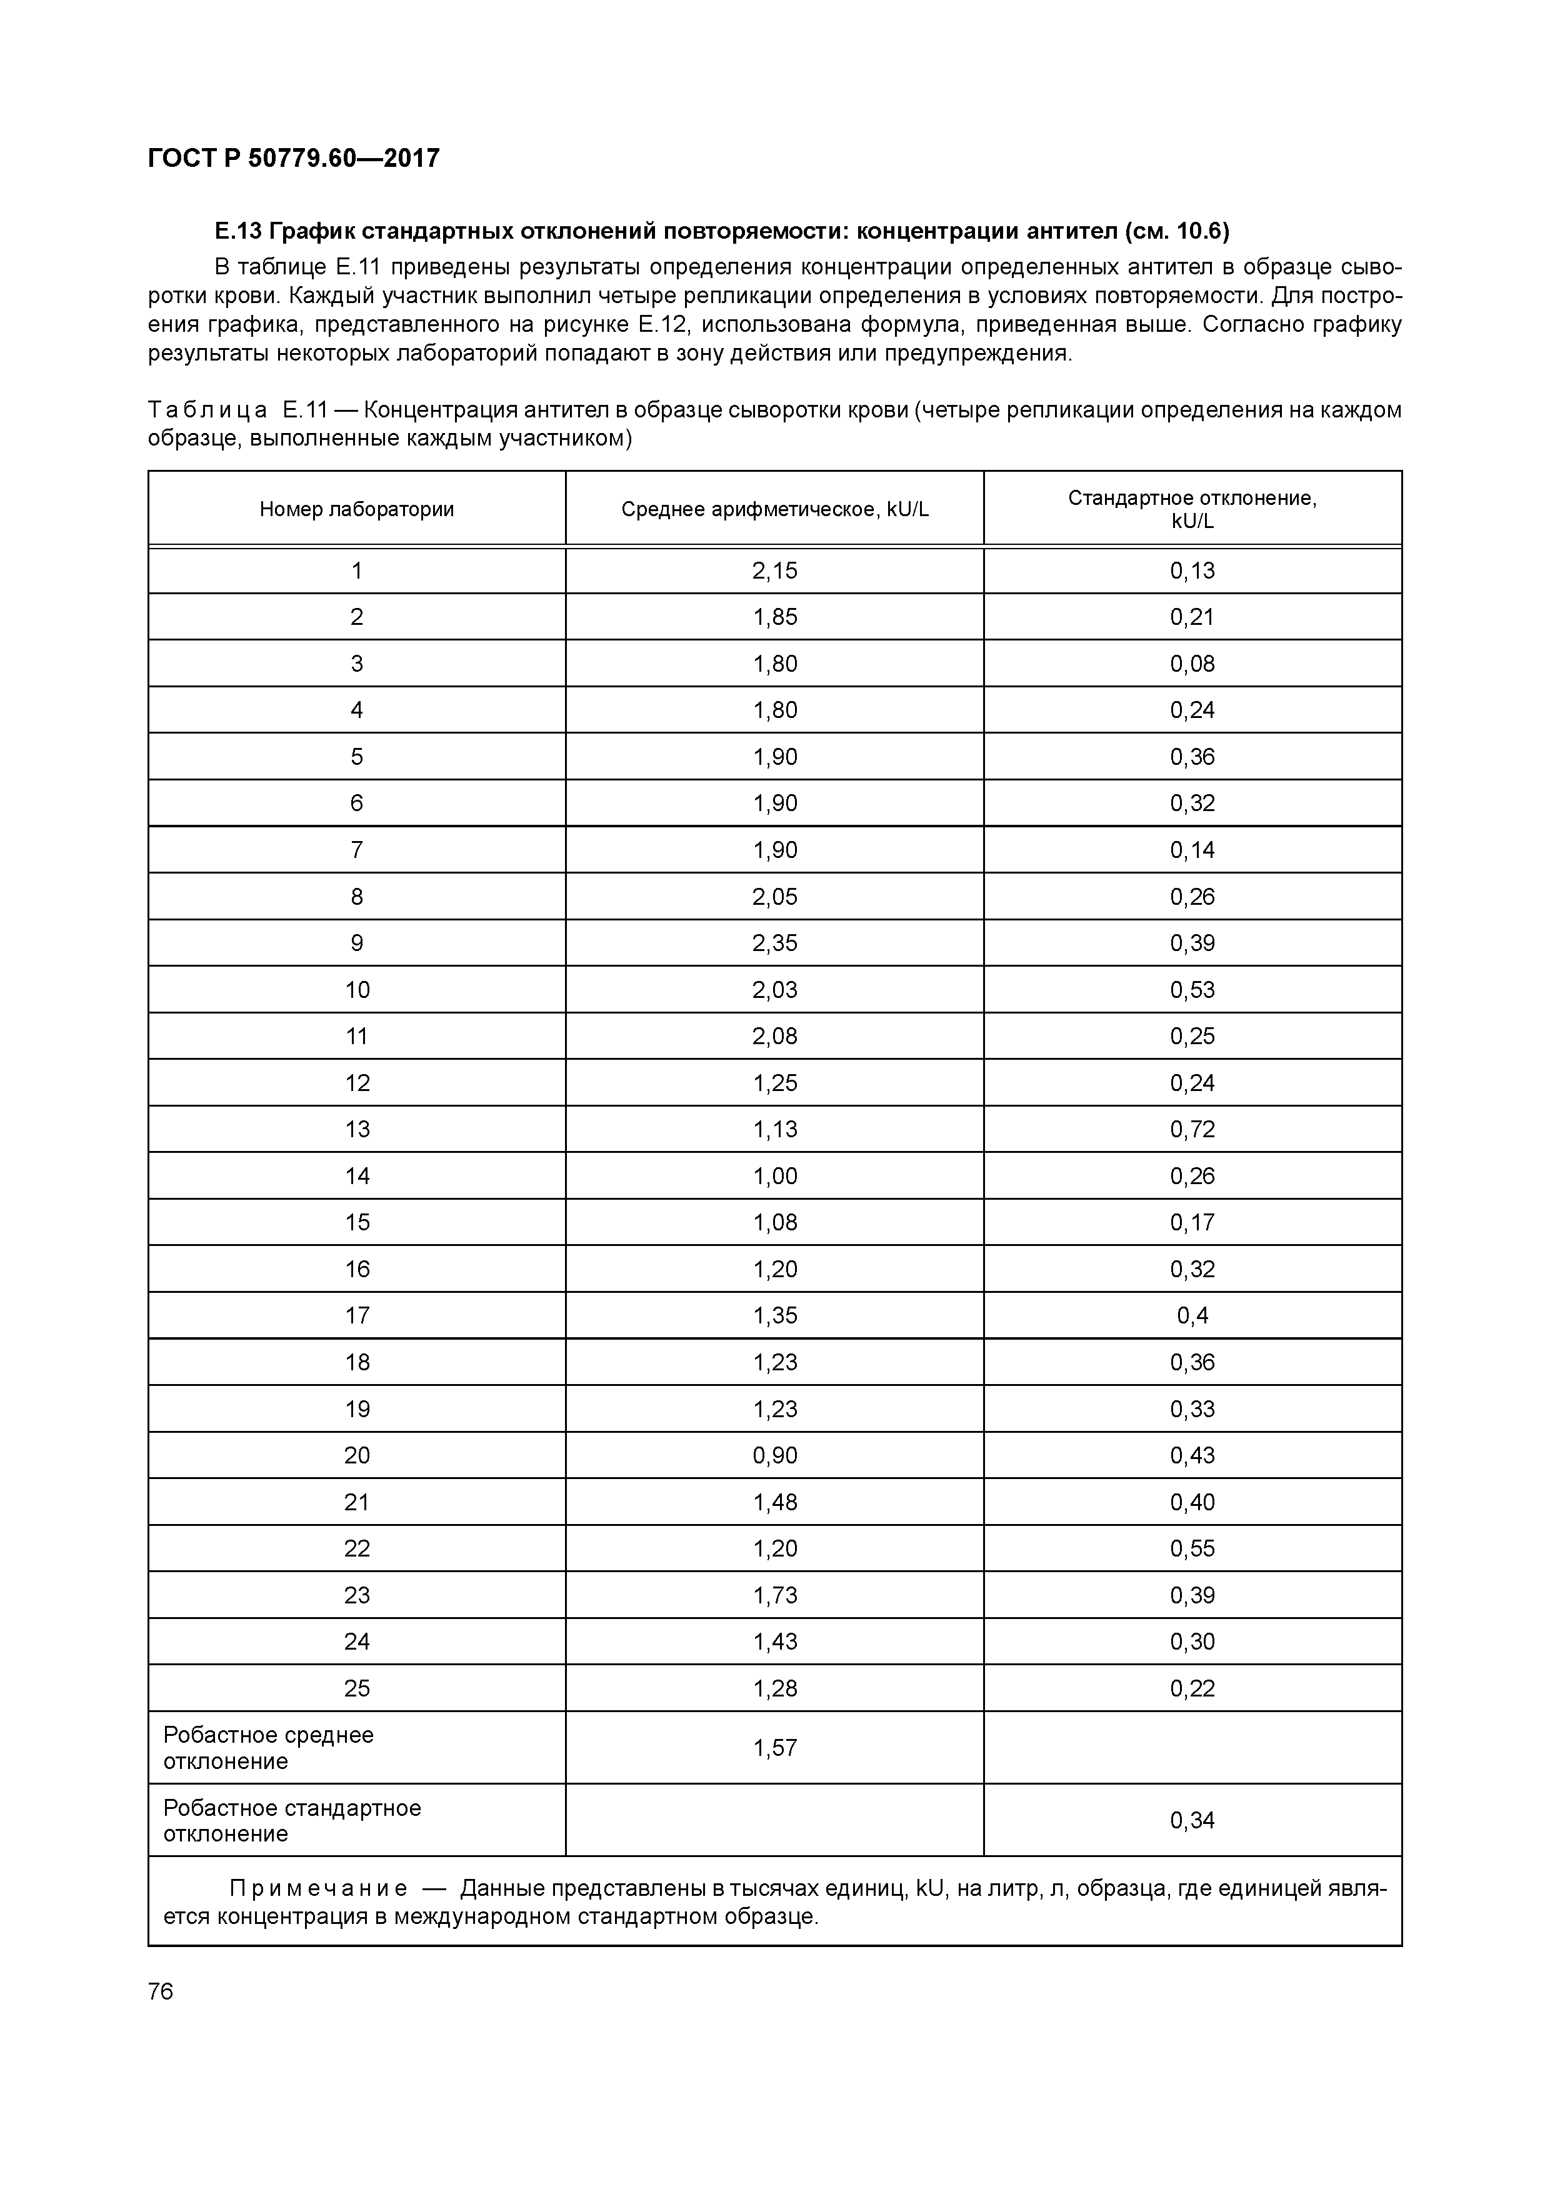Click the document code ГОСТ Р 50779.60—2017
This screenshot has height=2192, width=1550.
coord(293,159)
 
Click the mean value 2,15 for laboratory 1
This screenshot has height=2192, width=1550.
coord(774,571)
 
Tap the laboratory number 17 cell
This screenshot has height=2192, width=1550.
coord(356,1315)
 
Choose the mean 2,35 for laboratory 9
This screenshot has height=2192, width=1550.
coord(774,944)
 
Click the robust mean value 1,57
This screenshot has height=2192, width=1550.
coord(774,1748)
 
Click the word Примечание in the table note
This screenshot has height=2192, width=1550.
coord(318,1888)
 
